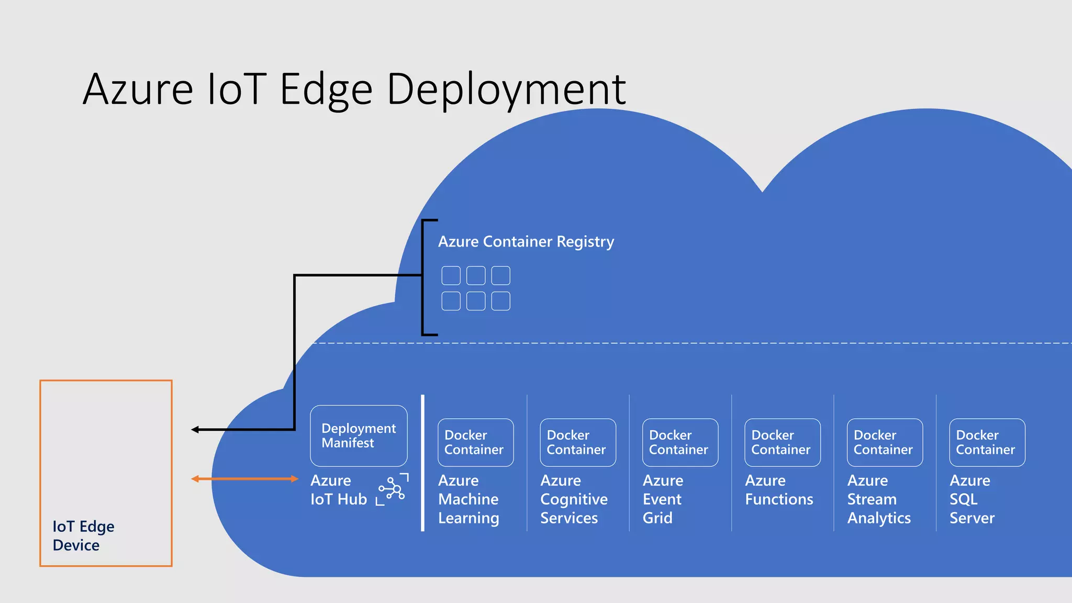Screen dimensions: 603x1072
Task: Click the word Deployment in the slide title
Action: [506, 90]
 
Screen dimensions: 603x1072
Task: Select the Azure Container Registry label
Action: [526, 242]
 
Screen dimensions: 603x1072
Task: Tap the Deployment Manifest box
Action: [359, 435]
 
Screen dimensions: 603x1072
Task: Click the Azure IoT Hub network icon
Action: [393, 490]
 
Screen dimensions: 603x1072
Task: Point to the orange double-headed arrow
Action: [244, 478]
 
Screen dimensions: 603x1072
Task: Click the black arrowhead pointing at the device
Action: [195, 430]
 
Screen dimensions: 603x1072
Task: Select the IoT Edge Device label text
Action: [83, 535]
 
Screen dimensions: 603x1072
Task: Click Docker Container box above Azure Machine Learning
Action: [475, 442]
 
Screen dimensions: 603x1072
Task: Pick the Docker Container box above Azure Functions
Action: [782, 442]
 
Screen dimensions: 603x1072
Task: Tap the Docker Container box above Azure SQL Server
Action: [987, 442]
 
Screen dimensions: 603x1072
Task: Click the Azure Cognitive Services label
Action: [574, 499]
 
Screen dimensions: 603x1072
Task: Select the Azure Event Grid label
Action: [662, 499]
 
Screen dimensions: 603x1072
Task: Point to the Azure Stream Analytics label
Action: [879, 499]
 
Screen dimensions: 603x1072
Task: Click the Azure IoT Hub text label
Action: [338, 489]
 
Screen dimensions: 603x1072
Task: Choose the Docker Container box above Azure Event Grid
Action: [680, 442]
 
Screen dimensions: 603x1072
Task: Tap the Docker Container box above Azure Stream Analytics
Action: [885, 442]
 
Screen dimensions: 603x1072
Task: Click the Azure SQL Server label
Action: [972, 499]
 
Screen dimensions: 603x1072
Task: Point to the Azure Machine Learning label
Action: [468, 499]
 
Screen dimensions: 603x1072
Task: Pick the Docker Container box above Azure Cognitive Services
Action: [578, 442]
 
